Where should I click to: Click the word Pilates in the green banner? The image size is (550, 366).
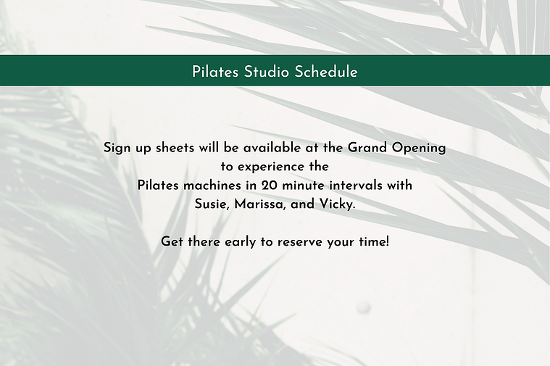tap(215, 72)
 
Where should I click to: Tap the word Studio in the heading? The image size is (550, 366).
tap(267, 72)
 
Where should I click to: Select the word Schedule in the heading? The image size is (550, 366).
tap(326, 72)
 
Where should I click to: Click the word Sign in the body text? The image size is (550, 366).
tap(116, 148)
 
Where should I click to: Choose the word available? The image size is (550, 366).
tap(272, 148)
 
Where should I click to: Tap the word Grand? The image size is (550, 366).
tap(367, 148)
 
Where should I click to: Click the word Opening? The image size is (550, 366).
tap(418, 148)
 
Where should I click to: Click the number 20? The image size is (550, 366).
tap(269, 186)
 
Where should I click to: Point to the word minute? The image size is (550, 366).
tap(304, 186)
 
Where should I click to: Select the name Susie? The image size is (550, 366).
tap(212, 204)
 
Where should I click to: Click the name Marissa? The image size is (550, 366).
tap(260, 204)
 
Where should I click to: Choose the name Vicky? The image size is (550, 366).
tap(337, 204)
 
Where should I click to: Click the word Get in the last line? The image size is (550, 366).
tap(172, 242)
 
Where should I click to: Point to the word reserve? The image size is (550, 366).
tap(298, 243)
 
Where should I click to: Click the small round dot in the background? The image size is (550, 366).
tap(363, 307)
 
